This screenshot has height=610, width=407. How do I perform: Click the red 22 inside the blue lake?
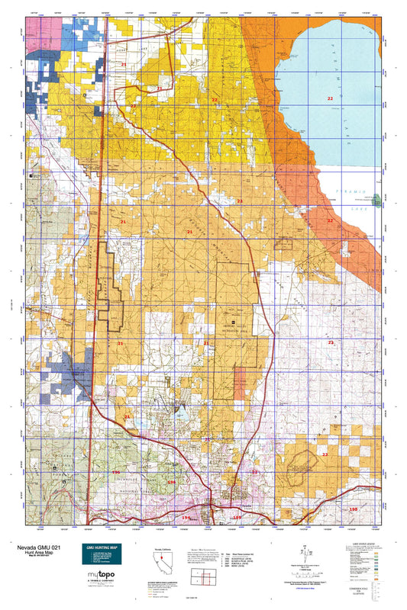[x=330, y=99]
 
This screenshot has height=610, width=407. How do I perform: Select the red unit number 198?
[x=352, y=509]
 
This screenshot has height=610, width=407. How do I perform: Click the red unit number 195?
[x=186, y=518]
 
